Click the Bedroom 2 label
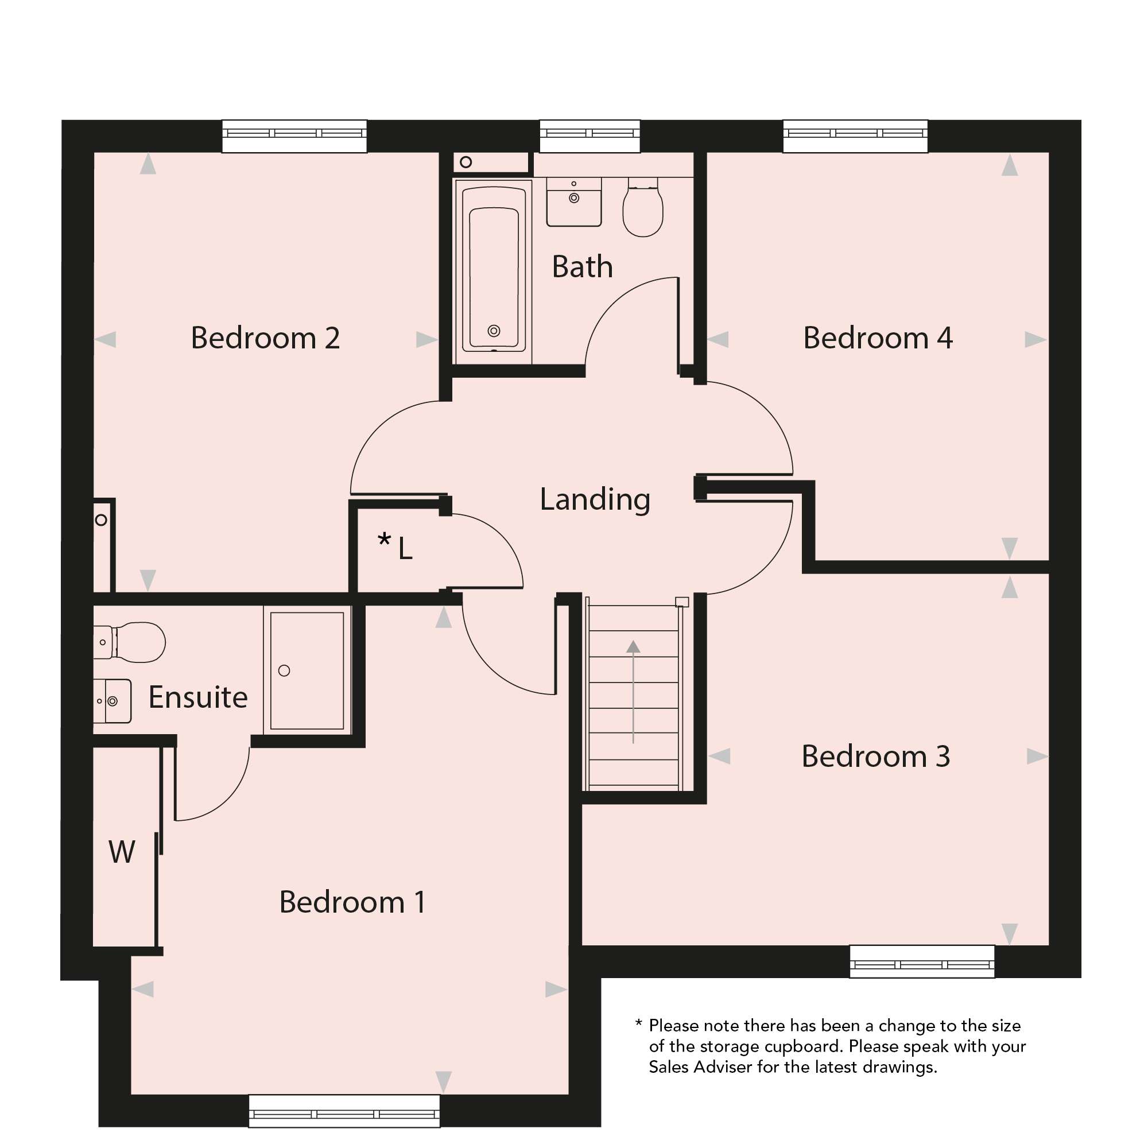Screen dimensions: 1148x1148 coord(265,338)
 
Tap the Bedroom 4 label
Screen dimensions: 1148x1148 coord(878,338)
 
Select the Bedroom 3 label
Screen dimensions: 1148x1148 coord(876,757)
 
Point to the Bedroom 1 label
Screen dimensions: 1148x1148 coord(352,902)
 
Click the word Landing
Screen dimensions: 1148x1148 coord(595,500)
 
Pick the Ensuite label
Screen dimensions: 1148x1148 coord(198,697)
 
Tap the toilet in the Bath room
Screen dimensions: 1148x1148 coord(643,207)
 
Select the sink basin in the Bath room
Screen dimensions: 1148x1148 coord(574,202)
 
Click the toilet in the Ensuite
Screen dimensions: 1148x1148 coord(130,642)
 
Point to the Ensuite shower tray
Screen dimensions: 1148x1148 coord(307,671)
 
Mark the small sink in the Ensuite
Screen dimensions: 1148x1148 coord(113,701)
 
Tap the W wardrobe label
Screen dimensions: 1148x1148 coord(122,852)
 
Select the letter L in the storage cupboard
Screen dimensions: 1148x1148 coord(405,548)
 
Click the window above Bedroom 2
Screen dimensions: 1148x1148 coord(294,136)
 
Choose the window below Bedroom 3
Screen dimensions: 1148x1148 coord(922,961)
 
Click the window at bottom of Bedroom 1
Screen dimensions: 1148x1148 coord(344,1111)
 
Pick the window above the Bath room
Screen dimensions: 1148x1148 coord(590,136)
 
